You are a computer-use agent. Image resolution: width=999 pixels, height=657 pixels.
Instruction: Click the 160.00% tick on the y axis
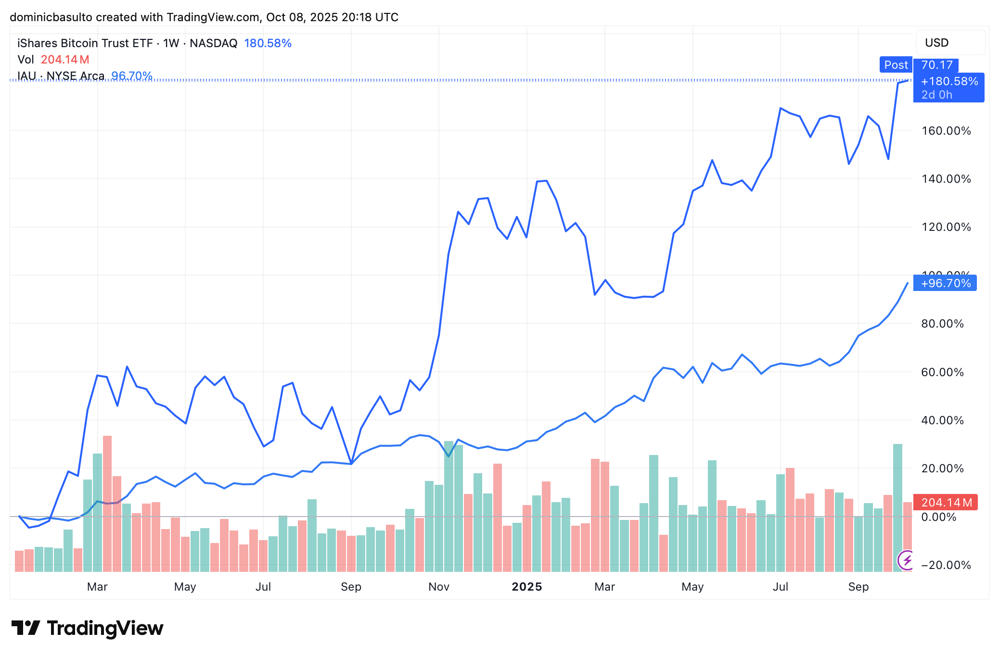point(946,131)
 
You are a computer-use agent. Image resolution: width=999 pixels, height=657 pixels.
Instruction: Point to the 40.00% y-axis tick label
point(942,420)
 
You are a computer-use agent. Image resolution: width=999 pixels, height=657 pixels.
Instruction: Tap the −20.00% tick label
point(945,565)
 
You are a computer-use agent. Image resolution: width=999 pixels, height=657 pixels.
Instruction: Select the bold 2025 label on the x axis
point(527,587)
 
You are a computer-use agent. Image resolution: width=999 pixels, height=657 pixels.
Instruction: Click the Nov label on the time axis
point(439,587)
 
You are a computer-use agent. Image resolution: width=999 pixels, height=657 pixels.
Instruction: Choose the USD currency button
point(936,43)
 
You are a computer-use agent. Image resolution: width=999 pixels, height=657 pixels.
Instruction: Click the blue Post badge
point(896,65)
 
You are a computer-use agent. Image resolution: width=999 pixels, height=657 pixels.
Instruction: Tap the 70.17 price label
point(937,65)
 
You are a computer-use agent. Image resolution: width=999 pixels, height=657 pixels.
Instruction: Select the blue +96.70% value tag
point(946,283)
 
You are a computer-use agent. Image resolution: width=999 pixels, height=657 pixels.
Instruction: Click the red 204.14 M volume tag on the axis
point(946,503)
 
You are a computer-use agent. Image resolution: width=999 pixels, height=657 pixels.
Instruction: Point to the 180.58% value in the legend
point(268,43)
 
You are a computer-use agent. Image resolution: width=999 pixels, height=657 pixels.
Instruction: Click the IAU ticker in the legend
point(27,76)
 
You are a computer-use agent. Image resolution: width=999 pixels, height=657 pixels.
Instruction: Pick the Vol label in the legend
point(26,60)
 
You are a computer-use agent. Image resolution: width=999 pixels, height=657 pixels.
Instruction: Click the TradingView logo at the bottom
point(88,628)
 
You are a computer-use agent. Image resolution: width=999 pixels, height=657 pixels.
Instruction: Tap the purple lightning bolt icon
point(907,560)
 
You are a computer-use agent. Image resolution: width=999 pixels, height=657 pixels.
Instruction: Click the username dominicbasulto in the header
point(51,17)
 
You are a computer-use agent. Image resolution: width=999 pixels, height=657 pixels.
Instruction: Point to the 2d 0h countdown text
point(936,95)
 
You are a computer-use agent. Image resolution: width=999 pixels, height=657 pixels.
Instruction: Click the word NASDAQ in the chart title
point(213,43)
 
